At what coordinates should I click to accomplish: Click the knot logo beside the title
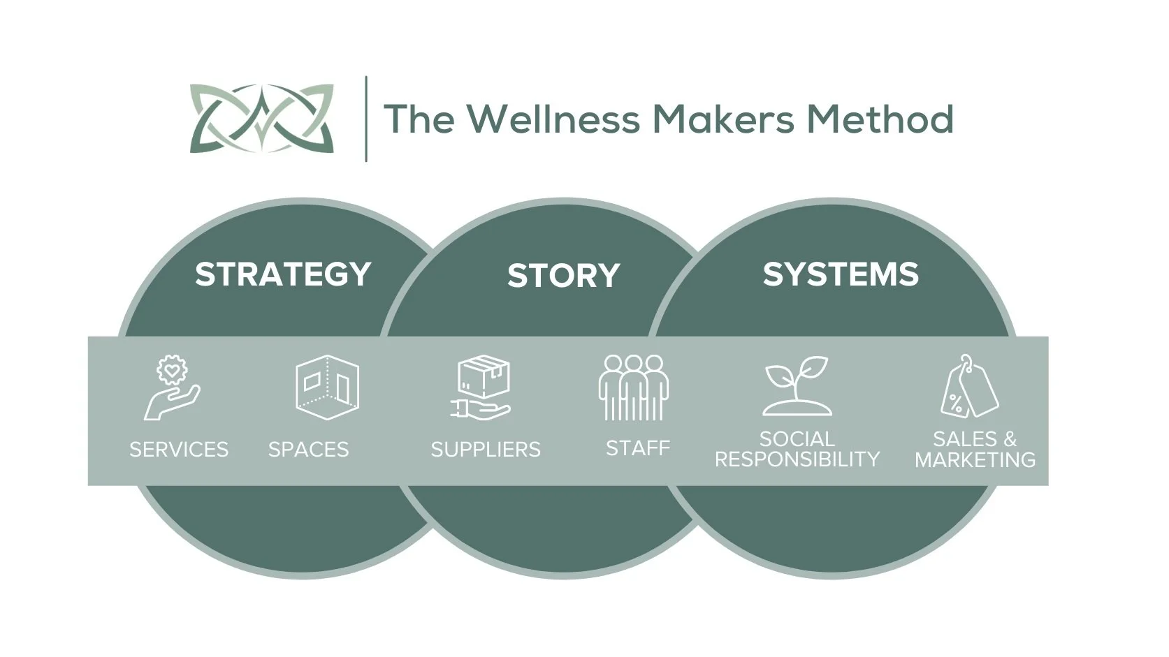pyautogui.click(x=262, y=119)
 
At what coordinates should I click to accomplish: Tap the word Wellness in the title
pyautogui.click(x=553, y=119)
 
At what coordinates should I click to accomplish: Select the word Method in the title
pyautogui.click(x=880, y=119)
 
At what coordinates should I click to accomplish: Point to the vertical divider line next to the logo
pyautogui.click(x=367, y=119)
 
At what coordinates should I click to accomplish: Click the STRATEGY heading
pyautogui.click(x=283, y=274)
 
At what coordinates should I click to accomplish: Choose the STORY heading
pyautogui.click(x=563, y=276)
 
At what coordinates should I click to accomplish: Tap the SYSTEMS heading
pyautogui.click(x=841, y=274)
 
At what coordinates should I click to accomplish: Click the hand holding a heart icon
pyautogui.click(x=172, y=388)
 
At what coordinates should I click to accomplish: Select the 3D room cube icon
pyautogui.click(x=327, y=387)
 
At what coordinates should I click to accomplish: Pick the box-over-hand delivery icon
pyautogui.click(x=483, y=388)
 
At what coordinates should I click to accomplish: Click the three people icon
pyautogui.click(x=634, y=387)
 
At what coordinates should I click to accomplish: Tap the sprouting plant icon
pyautogui.click(x=797, y=386)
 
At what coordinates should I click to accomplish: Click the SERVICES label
pyautogui.click(x=179, y=449)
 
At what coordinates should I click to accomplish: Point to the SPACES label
pyautogui.click(x=308, y=449)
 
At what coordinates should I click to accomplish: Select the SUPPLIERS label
pyautogui.click(x=486, y=449)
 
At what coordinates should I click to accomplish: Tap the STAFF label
pyautogui.click(x=638, y=448)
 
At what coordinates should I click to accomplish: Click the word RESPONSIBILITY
pyautogui.click(x=797, y=459)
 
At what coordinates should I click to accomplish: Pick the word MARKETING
pyautogui.click(x=975, y=459)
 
